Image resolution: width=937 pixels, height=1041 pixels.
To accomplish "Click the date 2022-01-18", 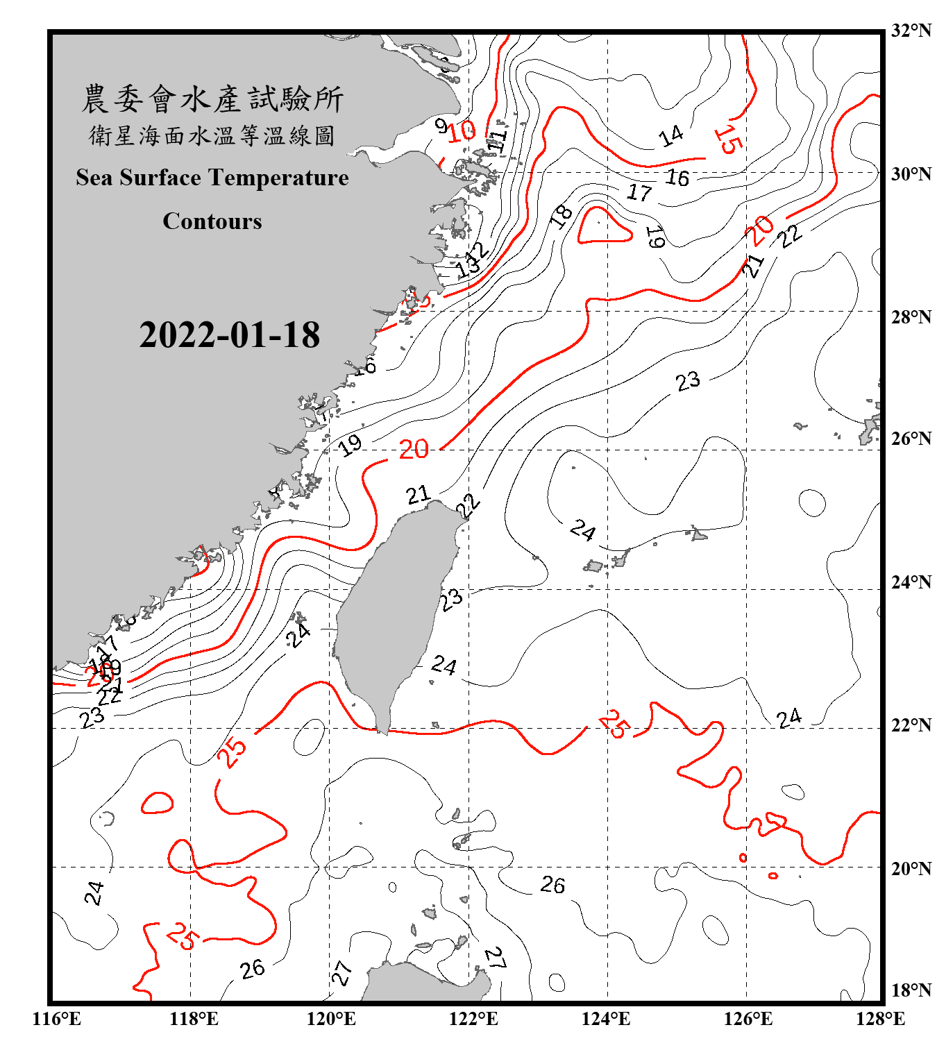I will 229,335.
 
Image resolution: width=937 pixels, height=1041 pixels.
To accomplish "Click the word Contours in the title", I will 212,221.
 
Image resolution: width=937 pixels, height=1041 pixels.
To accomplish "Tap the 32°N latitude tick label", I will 911,31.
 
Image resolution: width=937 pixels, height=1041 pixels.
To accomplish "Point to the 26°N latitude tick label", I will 911,439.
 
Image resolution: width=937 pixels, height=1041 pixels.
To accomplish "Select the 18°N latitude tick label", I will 911,990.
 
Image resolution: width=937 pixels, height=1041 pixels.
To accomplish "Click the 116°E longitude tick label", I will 57,1019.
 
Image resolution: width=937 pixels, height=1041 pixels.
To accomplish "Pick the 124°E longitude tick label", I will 607,1019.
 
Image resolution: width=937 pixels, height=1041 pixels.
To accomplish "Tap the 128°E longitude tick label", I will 881,1019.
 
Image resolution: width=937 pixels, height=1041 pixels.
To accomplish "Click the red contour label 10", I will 461,130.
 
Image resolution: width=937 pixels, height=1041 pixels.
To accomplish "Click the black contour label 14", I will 671,136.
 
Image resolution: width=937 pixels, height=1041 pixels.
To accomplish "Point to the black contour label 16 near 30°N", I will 677,178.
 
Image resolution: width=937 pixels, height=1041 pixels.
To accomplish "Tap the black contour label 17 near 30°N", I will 639,192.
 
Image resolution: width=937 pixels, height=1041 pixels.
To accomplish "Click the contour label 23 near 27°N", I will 688,381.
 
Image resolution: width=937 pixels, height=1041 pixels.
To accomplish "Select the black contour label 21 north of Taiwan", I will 418,495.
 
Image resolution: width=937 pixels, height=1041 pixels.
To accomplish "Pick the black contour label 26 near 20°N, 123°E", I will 552,885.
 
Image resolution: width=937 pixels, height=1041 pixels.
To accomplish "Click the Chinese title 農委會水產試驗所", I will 212,99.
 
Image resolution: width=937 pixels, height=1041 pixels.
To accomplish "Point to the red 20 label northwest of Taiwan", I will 414,450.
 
